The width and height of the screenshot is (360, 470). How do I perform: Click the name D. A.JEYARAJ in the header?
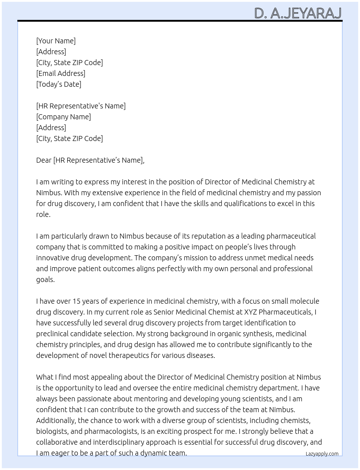coord(298,13)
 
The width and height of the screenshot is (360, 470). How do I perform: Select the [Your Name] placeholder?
coord(56,41)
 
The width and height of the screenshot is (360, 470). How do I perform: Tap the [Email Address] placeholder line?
coord(61,73)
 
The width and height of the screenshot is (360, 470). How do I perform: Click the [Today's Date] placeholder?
coord(59,84)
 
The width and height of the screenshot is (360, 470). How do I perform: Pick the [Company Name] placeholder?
coord(63,117)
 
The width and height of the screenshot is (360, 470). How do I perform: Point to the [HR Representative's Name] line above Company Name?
coord(81,106)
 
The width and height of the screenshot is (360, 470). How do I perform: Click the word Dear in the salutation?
coord(44,160)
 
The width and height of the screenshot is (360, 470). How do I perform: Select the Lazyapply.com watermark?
coord(322,454)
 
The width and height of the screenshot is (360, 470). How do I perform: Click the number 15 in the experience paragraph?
coord(76,301)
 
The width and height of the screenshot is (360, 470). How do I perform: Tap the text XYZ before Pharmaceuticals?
coord(250,312)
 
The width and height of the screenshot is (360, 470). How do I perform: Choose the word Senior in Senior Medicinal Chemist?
coord(164,312)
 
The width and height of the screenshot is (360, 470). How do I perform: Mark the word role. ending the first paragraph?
coord(43,214)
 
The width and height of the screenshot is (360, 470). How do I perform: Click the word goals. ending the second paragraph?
coord(45,279)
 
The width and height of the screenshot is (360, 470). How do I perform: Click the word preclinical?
coord(54,334)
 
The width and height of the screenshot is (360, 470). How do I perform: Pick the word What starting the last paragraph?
coord(45,377)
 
